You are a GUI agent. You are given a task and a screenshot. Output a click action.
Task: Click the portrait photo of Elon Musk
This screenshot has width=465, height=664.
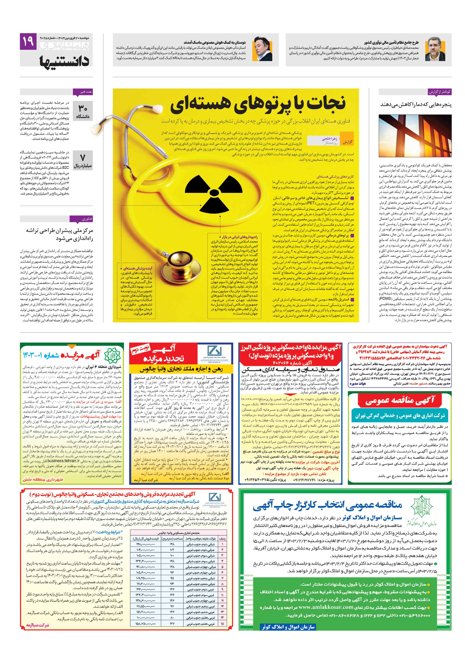[262, 49]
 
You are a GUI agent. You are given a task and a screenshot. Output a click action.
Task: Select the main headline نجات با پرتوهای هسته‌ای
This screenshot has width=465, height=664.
[257, 104]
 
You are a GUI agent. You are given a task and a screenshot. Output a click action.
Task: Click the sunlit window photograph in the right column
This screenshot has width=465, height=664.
[415, 136]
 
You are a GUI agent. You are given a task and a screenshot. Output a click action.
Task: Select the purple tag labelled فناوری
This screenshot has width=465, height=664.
[86, 219]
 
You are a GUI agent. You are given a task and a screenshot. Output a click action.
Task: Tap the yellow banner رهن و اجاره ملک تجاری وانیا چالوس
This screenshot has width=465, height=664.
[181, 369]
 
